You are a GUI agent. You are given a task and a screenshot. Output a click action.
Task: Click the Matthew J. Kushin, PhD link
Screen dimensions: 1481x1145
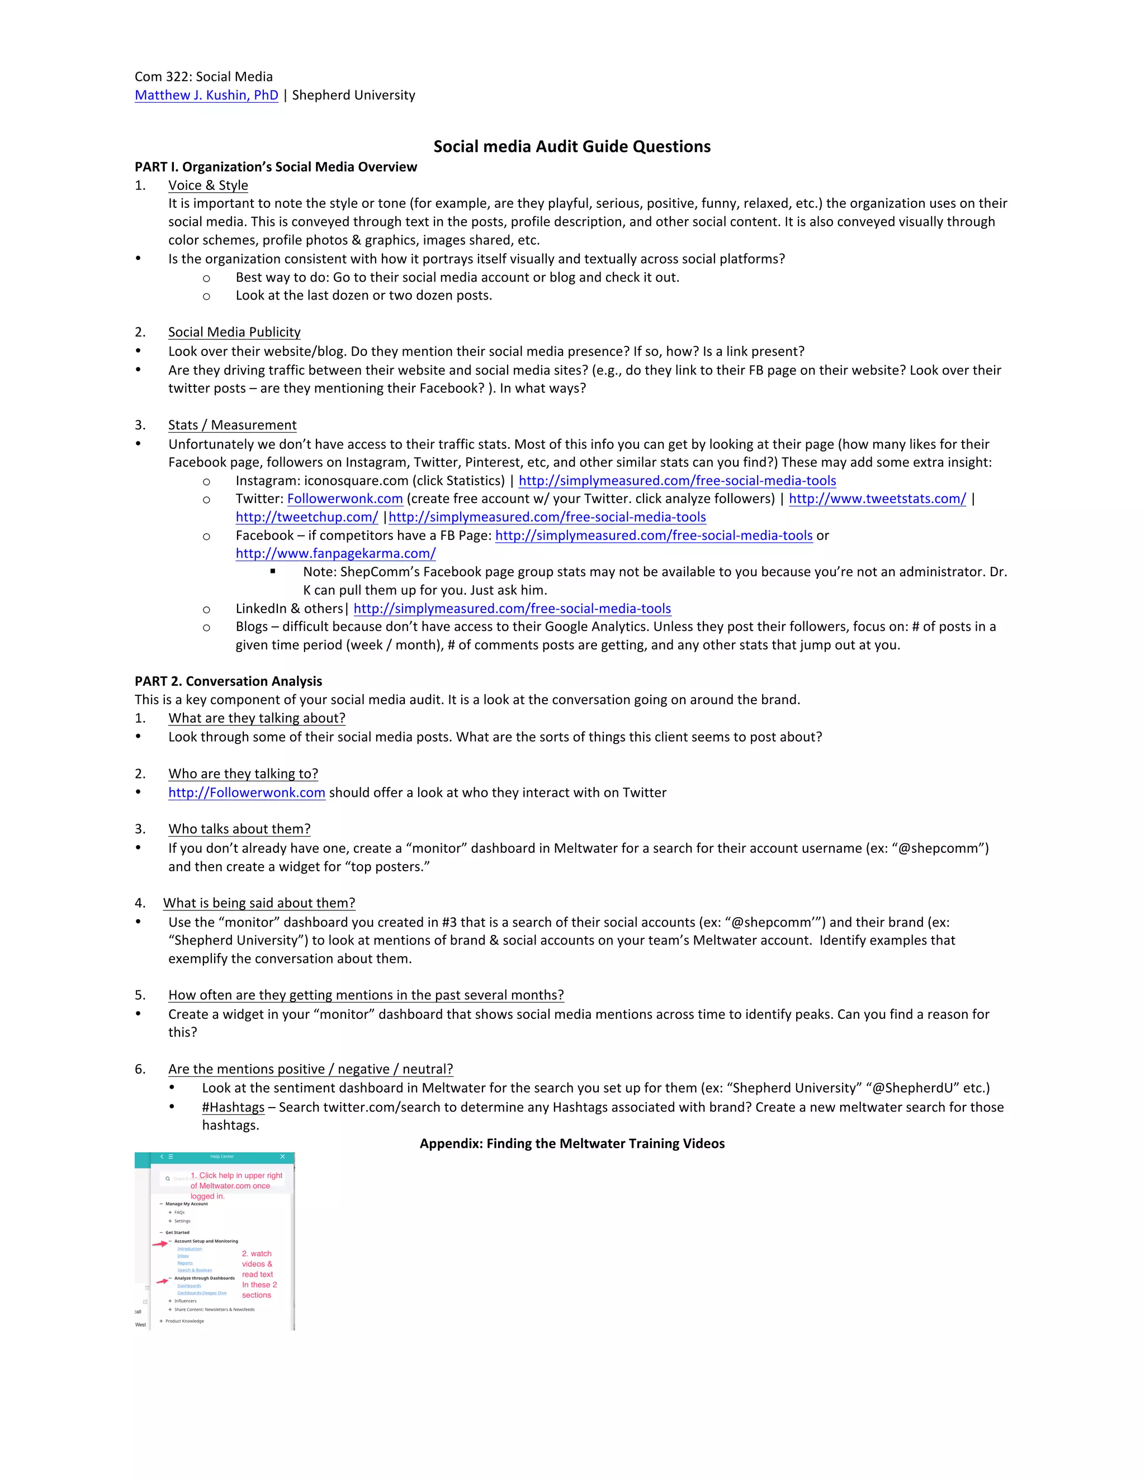(x=206, y=95)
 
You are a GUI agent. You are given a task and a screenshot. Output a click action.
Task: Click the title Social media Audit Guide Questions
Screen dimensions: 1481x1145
(x=572, y=146)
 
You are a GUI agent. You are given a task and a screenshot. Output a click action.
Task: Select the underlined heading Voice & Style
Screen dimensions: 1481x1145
(x=207, y=185)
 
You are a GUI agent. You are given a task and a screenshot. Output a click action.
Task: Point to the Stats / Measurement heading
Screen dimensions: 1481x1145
(x=232, y=425)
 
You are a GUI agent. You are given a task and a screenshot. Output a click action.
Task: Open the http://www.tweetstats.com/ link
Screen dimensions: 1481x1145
(x=877, y=499)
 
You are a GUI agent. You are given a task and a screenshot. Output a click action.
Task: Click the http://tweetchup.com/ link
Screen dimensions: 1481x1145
(x=306, y=517)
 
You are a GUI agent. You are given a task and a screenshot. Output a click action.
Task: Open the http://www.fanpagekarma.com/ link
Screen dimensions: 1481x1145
(x=335, y=553)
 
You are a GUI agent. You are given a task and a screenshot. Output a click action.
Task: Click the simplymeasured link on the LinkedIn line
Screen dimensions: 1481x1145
(x=512, y=608)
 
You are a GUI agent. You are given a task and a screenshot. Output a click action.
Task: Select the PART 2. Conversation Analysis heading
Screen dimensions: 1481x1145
(x=228, y=681)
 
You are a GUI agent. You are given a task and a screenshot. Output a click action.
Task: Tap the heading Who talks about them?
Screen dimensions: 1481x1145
(x=239, y=829)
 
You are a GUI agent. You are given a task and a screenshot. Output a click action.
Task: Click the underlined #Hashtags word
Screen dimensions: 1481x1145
(x=233, y=1107)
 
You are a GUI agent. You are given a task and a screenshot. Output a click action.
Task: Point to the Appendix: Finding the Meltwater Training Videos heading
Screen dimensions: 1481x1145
(x=572, y=1143)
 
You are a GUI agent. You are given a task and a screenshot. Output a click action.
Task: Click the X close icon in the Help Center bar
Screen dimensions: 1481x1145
(x=283, y=1156)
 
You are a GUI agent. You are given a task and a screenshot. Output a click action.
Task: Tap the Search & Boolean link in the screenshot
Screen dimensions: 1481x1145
(x=195, y=1270)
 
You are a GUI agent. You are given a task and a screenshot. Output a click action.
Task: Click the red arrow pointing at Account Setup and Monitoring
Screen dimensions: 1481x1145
(x=159, y=1243)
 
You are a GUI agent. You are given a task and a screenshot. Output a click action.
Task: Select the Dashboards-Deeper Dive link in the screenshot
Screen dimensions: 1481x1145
(x=201, y=1293)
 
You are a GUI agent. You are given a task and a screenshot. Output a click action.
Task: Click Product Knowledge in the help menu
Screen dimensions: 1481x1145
(x=184, y=1321)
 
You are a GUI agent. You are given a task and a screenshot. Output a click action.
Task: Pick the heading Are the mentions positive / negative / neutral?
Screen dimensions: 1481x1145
(x=310, y=1069)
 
